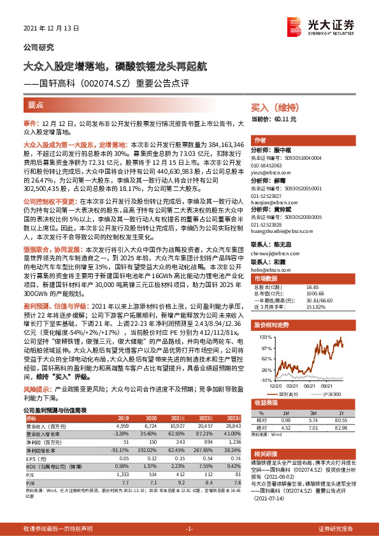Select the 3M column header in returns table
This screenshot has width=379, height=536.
[x=313, y=412]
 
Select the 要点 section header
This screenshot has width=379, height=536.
[x=36, y=103]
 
